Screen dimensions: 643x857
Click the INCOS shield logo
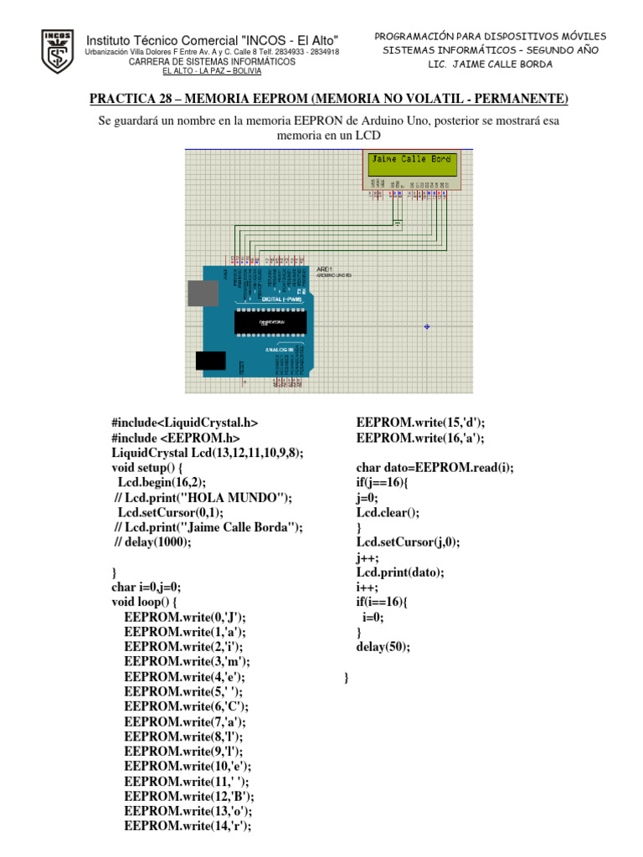pos(57,52)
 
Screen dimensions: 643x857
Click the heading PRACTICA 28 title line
pos(328,100)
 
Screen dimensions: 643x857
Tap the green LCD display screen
pos(411,165)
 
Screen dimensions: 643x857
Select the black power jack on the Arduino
pos(210,360)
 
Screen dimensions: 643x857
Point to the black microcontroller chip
pos(276,321)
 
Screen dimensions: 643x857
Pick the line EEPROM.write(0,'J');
pos(185,616)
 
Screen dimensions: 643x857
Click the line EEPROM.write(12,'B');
pos(189,796)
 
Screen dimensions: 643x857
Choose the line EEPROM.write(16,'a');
pos(420,438)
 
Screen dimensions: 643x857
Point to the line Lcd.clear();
pos(388,512)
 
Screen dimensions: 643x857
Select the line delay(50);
pos(383,647)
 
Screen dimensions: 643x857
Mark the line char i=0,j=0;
pos(147,587)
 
